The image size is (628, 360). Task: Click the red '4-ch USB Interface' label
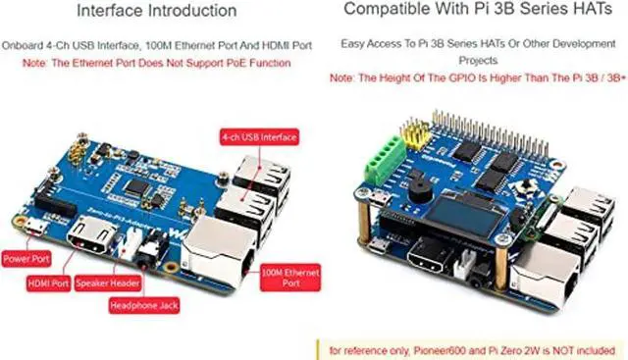259,137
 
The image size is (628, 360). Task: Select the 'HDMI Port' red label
46,284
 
